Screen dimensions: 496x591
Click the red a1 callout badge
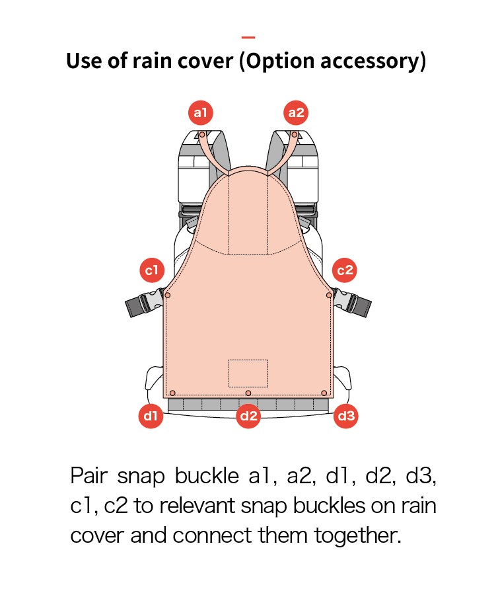[x=200, y=112]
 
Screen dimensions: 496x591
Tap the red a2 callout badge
[x=296, y=112]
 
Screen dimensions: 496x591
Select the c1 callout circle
[x=152, y=270]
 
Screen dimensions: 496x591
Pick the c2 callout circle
[x=345, y=270]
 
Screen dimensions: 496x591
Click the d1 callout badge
[x=151, y=416]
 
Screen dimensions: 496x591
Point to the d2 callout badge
[x=248, y=416]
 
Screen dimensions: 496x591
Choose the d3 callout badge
[x=345, y=416]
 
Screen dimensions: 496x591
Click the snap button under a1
[x=202, y=135]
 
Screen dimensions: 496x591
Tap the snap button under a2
[x=294, y=135]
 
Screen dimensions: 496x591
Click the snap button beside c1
[x=168, y=295]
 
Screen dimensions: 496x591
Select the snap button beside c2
[x=329, y=295]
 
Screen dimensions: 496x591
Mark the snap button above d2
[x=248, y=393]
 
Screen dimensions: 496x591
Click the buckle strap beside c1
[x=144, y=302]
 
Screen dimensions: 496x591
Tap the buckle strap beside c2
[x=352, y=302]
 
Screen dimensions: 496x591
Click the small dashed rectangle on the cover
[x=248, y=373]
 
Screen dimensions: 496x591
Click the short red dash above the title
[x=248, y=37]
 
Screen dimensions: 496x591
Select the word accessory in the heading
[x=369, y=61]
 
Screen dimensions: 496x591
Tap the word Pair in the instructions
[x=89, y=475]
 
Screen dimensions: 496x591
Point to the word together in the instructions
[x=357, y=535]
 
